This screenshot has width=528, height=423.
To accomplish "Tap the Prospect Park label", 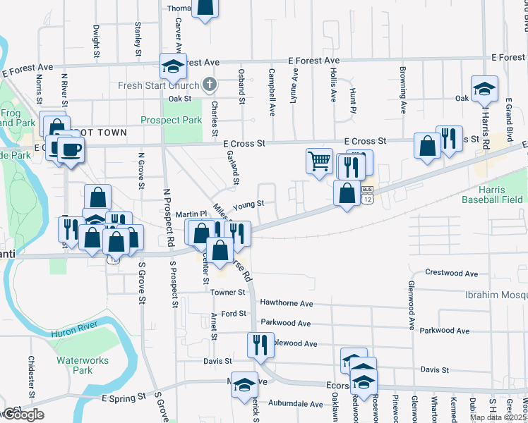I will (172, 121).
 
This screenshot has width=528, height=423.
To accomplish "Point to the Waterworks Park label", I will (75, 365).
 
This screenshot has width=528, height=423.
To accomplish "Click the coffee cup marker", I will (71, 149).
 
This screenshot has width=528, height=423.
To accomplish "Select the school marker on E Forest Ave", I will (173, 66).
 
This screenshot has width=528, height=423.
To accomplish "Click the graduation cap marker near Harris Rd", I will (484, 88).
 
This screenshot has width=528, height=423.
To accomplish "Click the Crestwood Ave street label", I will (452, 273).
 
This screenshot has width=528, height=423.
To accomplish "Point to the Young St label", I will (248, 204).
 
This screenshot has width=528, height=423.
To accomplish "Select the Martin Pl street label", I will (190, 214).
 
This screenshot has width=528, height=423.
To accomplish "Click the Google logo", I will (23, 415).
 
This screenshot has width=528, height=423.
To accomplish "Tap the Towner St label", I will (227, 292).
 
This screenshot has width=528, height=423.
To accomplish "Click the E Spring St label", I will (124, 398).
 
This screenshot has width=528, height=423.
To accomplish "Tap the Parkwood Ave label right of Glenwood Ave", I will (444, 330).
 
